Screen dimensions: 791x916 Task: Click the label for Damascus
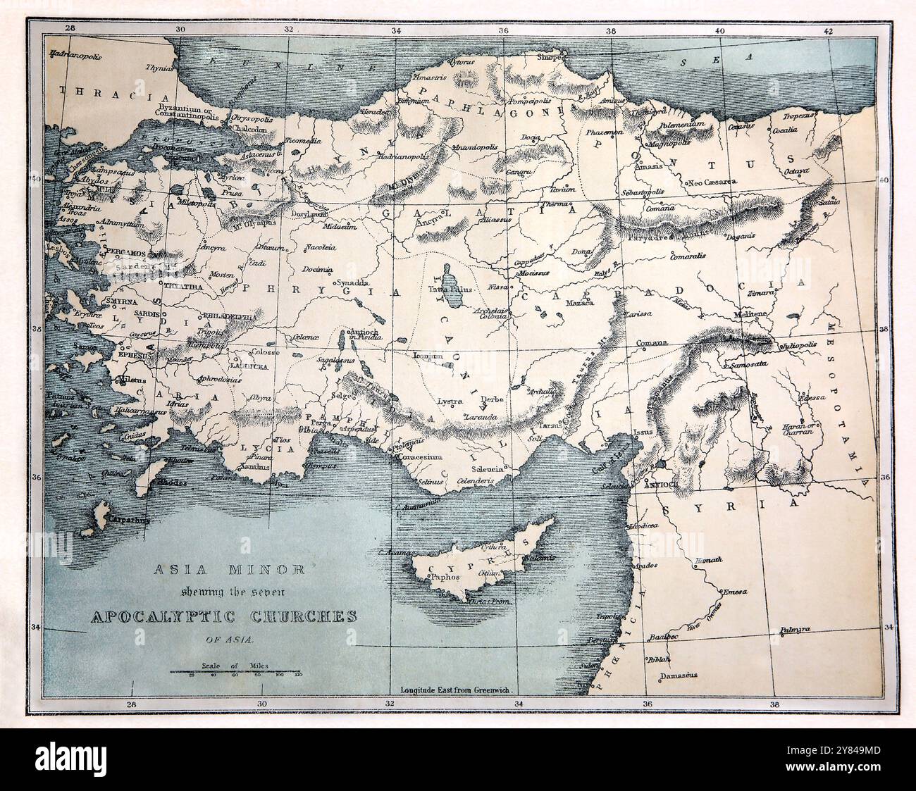pos(679,675)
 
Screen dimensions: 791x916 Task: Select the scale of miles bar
pos(235,671)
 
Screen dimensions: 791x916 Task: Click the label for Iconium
pos(428,356)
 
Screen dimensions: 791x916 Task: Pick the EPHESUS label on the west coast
pos(135,356)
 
